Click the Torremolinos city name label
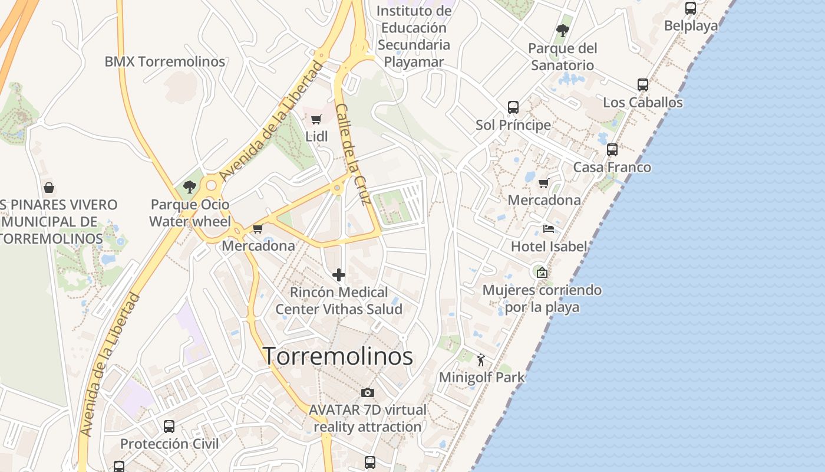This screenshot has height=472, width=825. tap(338, 357)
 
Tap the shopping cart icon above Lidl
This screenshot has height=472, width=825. tap(316, 120)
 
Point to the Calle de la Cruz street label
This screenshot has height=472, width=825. tap(352, 154)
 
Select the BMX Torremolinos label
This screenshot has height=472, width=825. tap(165, 61)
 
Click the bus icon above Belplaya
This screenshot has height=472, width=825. tap(691, 8)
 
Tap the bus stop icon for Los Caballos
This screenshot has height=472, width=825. tap(643, 85)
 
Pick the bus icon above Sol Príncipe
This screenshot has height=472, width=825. tap(513, 107)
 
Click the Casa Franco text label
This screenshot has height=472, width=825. tap(612, 167)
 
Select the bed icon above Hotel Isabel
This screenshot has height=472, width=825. tap(549, 229)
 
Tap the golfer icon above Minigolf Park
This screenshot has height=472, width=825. tap(481, 359)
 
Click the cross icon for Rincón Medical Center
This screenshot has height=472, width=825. tap(339, 275)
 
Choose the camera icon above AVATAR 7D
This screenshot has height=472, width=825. tap(367, 392)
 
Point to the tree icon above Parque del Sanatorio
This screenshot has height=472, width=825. tap(563, 31)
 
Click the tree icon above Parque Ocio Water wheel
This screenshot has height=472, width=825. tap(190, 187)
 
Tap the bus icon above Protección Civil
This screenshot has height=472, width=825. tap(169, 426)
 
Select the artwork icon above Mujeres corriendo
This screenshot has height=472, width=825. tap(542, 272)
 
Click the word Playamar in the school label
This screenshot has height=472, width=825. tap(414, 61)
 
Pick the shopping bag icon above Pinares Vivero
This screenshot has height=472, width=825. tap(49, 188)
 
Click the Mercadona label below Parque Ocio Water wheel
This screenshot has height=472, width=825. tap(258, 245)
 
